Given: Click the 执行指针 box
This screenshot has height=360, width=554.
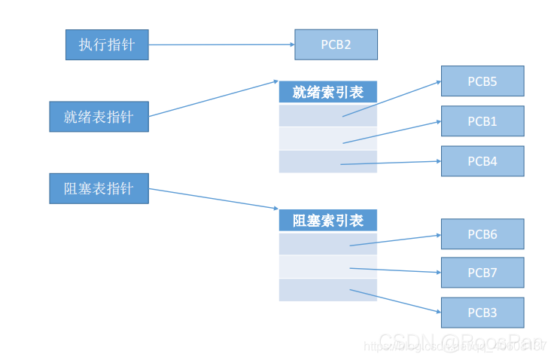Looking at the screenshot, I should point(107,44).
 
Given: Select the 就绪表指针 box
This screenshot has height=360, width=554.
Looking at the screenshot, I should point(99,117).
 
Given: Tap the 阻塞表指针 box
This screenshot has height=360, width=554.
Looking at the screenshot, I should point(99,188).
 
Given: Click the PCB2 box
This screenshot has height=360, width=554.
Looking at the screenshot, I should point(336,44).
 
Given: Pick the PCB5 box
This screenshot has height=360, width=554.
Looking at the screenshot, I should point(482,81).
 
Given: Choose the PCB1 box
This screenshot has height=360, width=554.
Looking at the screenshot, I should point(482,121).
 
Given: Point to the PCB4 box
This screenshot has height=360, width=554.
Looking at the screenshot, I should point(482,160).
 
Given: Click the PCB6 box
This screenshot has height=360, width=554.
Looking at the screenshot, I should point(482,233).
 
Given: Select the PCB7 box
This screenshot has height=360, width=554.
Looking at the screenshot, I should point(482,273).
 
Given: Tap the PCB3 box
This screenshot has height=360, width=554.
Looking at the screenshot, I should point(482,312).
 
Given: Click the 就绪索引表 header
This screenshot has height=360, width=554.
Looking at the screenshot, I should point(327,92).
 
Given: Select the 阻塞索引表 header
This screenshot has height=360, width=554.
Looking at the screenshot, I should point(327,220).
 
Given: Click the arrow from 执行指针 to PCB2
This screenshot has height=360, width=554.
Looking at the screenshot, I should point(221,44).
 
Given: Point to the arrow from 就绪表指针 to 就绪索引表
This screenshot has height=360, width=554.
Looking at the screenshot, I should point(214,98).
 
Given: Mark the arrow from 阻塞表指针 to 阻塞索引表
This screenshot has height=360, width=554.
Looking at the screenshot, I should point(214,199).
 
